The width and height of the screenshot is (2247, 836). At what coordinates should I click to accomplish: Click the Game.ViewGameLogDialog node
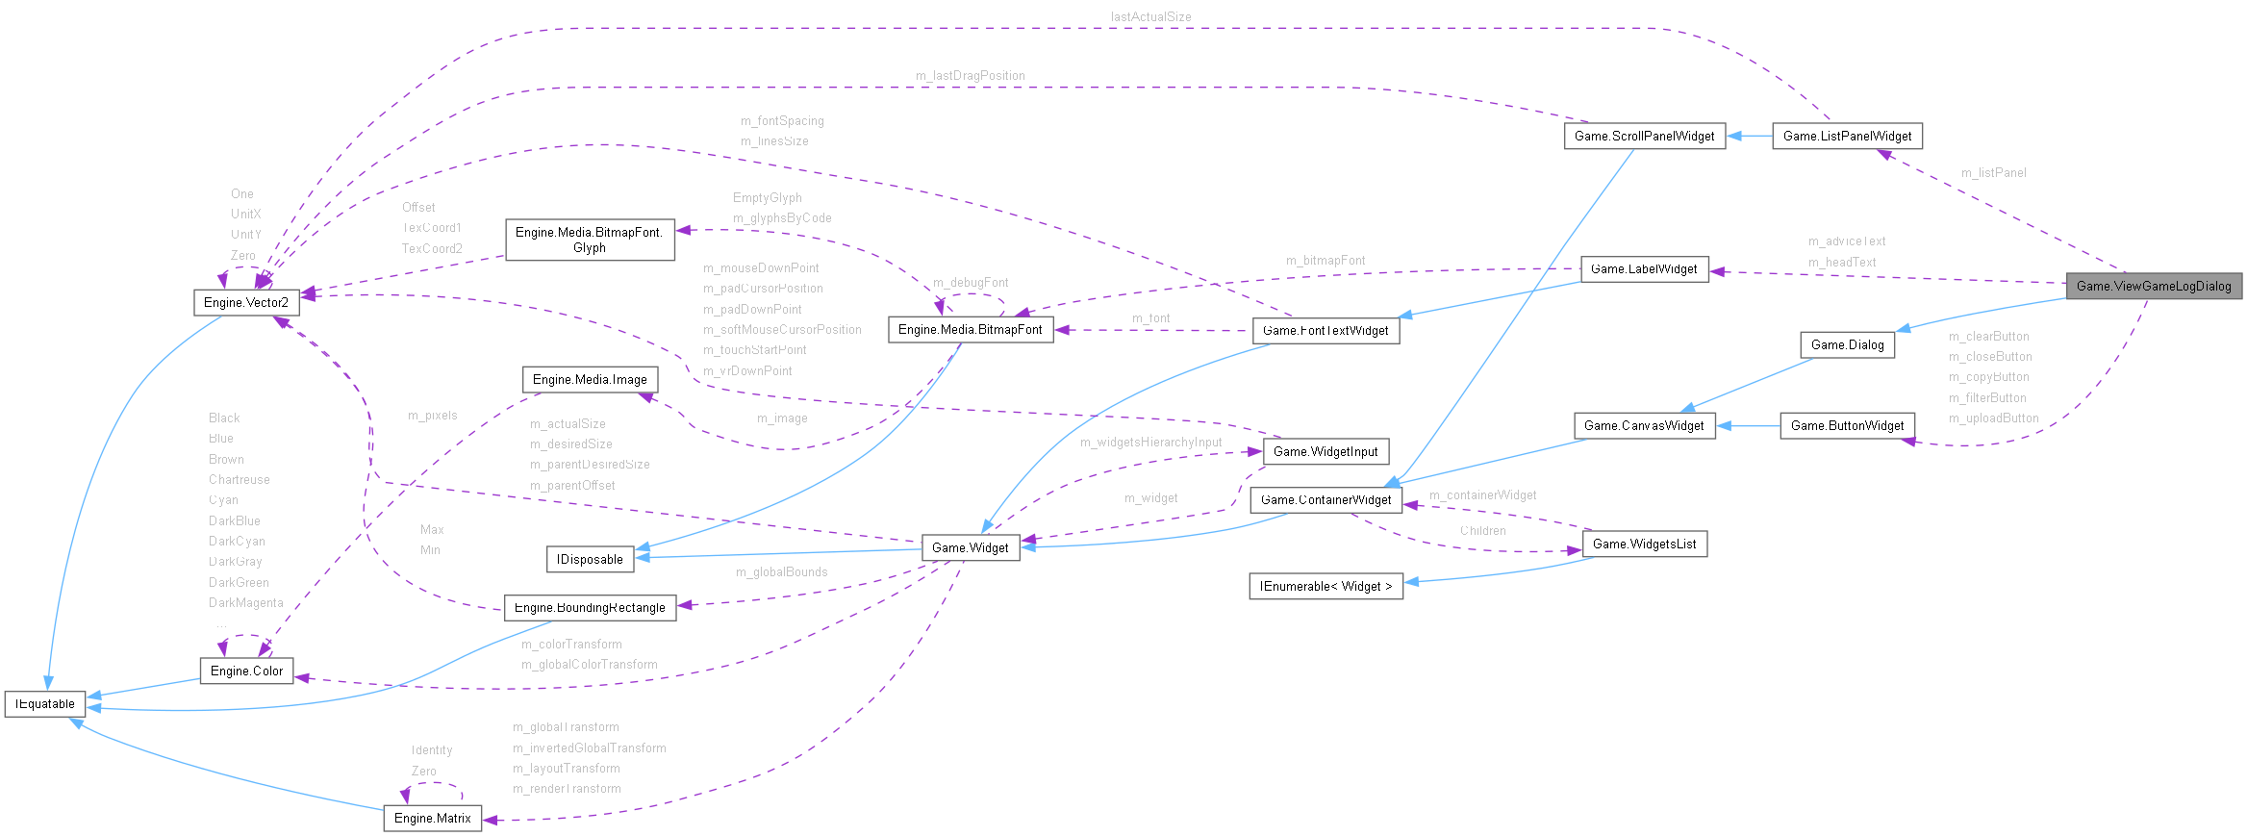click(2154, 286)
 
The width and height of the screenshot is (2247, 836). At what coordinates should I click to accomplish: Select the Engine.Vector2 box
click(246, 302)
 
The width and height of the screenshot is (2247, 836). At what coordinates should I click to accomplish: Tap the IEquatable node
click(45, 704)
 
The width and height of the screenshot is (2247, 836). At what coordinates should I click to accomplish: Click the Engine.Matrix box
click(433, 818)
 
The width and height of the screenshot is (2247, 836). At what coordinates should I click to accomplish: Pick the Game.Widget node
click(970, 547)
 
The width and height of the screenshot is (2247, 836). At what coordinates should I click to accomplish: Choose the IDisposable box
click(590, 559)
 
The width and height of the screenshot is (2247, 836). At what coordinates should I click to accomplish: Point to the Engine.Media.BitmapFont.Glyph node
click(590, 240)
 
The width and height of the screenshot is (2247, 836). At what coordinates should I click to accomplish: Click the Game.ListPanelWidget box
click(1847, 136)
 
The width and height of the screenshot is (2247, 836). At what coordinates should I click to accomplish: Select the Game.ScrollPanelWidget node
click(1644, 136)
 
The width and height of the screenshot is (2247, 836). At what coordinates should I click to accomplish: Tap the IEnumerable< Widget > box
click(1325, 586)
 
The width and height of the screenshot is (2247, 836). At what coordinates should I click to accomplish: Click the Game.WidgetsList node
click(1644, 544)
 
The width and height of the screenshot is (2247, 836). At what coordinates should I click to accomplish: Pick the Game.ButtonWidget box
click(1847, 425)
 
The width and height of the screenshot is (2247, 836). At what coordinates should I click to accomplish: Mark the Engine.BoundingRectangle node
click(590, 607)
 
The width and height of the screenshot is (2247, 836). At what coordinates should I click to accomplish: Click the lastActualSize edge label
click(1150, 16)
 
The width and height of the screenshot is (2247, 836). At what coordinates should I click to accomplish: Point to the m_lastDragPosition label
click(970, 75)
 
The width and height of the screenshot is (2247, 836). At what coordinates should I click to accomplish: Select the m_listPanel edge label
click(1993, 172)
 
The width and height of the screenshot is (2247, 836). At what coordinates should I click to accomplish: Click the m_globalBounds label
click(781, 571)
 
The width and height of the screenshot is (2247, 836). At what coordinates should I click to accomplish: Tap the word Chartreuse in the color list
click(239, 479)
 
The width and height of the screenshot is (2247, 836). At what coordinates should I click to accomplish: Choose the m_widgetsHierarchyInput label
click(1150, 442)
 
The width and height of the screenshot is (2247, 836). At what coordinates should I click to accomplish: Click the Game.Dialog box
click(1847, 344)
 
